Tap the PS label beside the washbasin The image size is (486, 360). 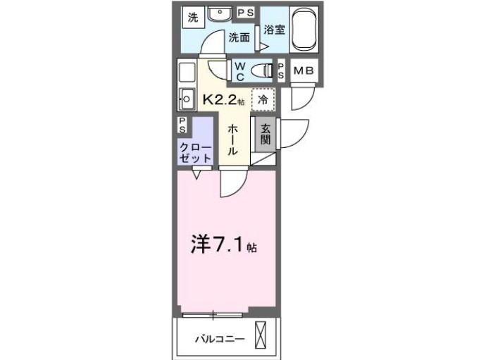click(x=246, y=13)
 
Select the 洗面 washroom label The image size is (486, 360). click(x=239, y=38)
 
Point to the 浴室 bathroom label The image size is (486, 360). click(x=274, y=30)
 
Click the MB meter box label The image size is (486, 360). click(x=304, y=70)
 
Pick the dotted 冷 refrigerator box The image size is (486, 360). click(x=262, y=99)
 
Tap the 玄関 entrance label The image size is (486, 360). click(x=265, y=135)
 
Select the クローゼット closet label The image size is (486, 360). click(x=194, y=152)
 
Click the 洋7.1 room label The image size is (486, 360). click(x=223, y=246)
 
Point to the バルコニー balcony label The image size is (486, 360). click(x=220, y=339)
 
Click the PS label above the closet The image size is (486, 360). click(x=182, y=125)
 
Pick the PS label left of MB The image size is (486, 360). click(x=281, y=70)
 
